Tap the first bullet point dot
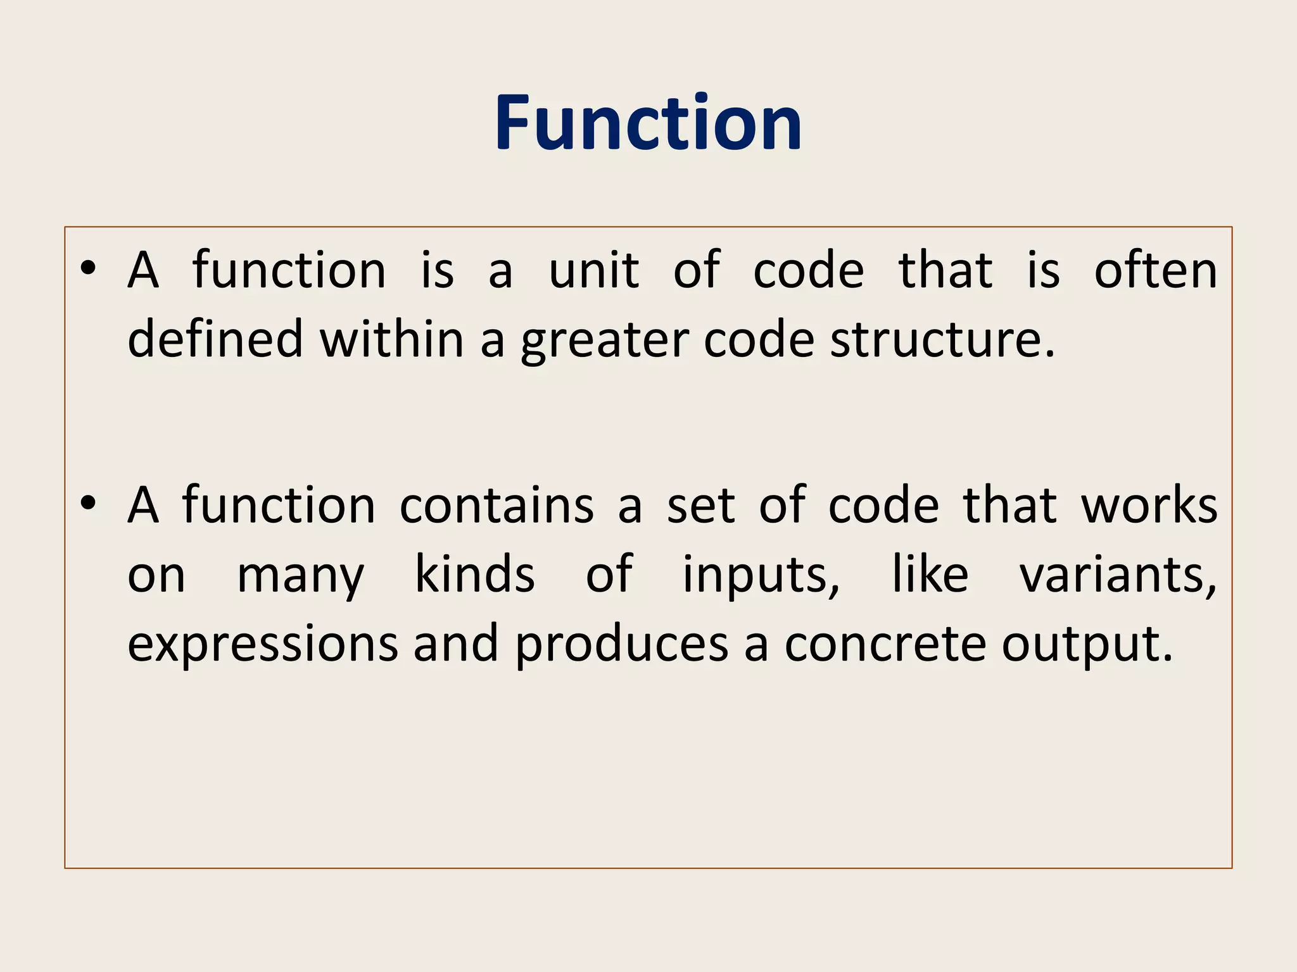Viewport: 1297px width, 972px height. pyautogui.click(x=89, y=268)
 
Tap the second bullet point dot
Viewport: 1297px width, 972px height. pyautogui.click(x=89, y=504)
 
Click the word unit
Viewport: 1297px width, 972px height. pyautogui.click(x=593, y=271)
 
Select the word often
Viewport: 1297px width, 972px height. pyautogui.click(x=1156, y=271)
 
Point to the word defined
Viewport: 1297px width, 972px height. pyautogui.click(x=215, y=340)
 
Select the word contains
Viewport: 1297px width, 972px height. pyautogui.click(x=497, y=506)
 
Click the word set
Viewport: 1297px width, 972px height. pyautogui.click(x=700, y=506)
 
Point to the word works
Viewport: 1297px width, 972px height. pyautogui.click(x=1149, y=506)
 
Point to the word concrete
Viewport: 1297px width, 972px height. pyautogui.click(x=885, y=644)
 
